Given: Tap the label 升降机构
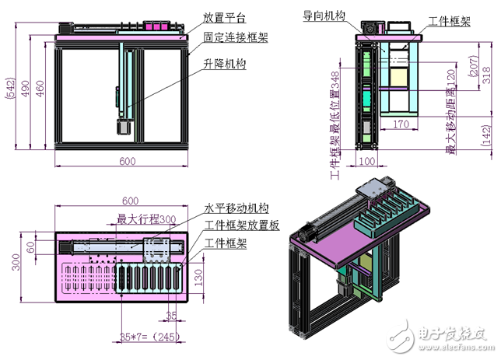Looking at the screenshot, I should pos(225,65).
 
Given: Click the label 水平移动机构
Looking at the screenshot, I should pos(236,208).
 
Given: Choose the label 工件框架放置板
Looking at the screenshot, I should pos(241,226).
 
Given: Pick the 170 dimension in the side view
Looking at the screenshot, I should pos(401,123).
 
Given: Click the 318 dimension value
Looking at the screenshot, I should pos(486,75).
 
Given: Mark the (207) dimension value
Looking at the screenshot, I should pos(475,70).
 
